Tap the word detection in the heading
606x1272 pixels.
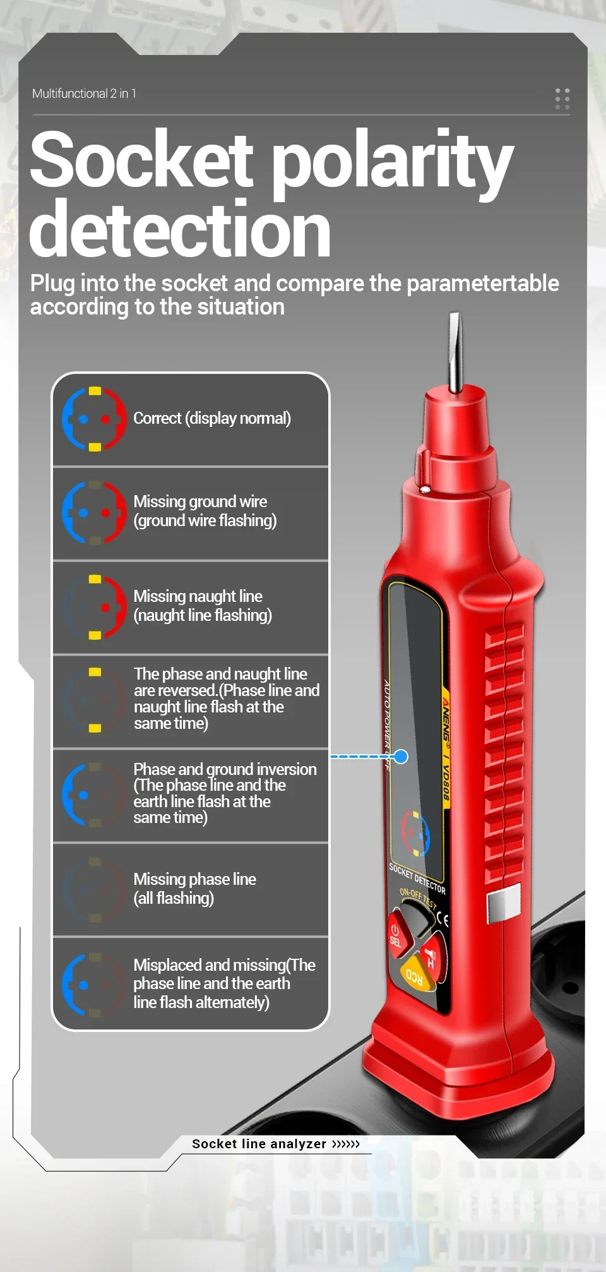point(180,229)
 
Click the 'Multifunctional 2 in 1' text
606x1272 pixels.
point(84,93)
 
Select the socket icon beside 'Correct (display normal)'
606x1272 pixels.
point(95,419)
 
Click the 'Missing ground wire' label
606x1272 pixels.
point(200,501)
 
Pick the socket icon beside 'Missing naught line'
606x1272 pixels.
point(95,607)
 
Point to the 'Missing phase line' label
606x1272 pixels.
point(194,879)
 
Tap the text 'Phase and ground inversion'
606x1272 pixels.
point(225,769)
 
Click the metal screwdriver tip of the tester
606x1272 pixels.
point(454,352)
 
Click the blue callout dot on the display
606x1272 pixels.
point(401,756)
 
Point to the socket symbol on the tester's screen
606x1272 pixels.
point(416,834)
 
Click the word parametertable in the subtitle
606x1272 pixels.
point(483,284)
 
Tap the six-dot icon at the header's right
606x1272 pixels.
point(562,99)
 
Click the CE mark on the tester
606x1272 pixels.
point(443,919)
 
